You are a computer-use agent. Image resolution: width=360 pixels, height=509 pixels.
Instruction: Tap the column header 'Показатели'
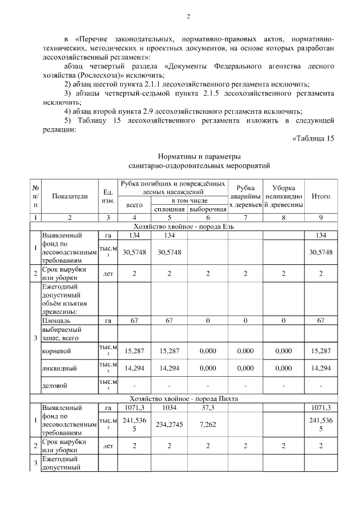point(70,196)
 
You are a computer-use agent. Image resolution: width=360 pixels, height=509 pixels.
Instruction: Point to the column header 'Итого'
point(321,196)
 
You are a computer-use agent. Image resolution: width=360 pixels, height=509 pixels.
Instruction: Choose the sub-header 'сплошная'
point(170,209)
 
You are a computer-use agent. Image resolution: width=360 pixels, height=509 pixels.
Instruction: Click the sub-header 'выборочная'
point(208,209)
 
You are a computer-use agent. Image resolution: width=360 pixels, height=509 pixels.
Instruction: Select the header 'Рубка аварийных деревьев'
point(245,196)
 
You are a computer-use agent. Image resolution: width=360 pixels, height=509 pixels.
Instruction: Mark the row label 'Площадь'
point(56,320)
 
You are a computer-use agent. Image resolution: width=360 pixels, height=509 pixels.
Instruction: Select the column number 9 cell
point(321,217)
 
